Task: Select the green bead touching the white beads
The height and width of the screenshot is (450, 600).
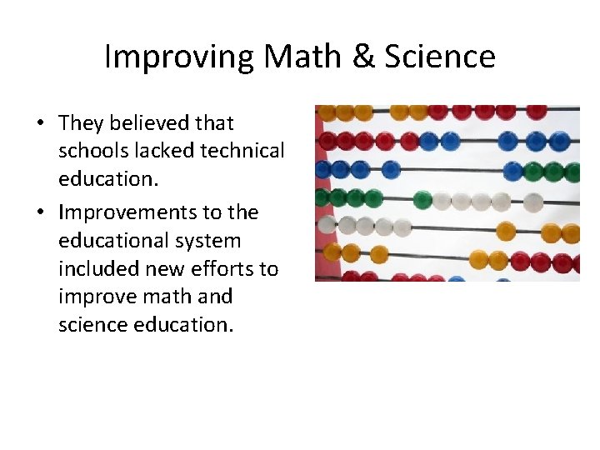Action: (x=422, y=200)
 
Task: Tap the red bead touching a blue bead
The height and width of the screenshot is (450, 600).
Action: (x=409, y=141)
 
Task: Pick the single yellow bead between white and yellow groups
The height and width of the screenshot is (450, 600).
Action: (x=506, y=230)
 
